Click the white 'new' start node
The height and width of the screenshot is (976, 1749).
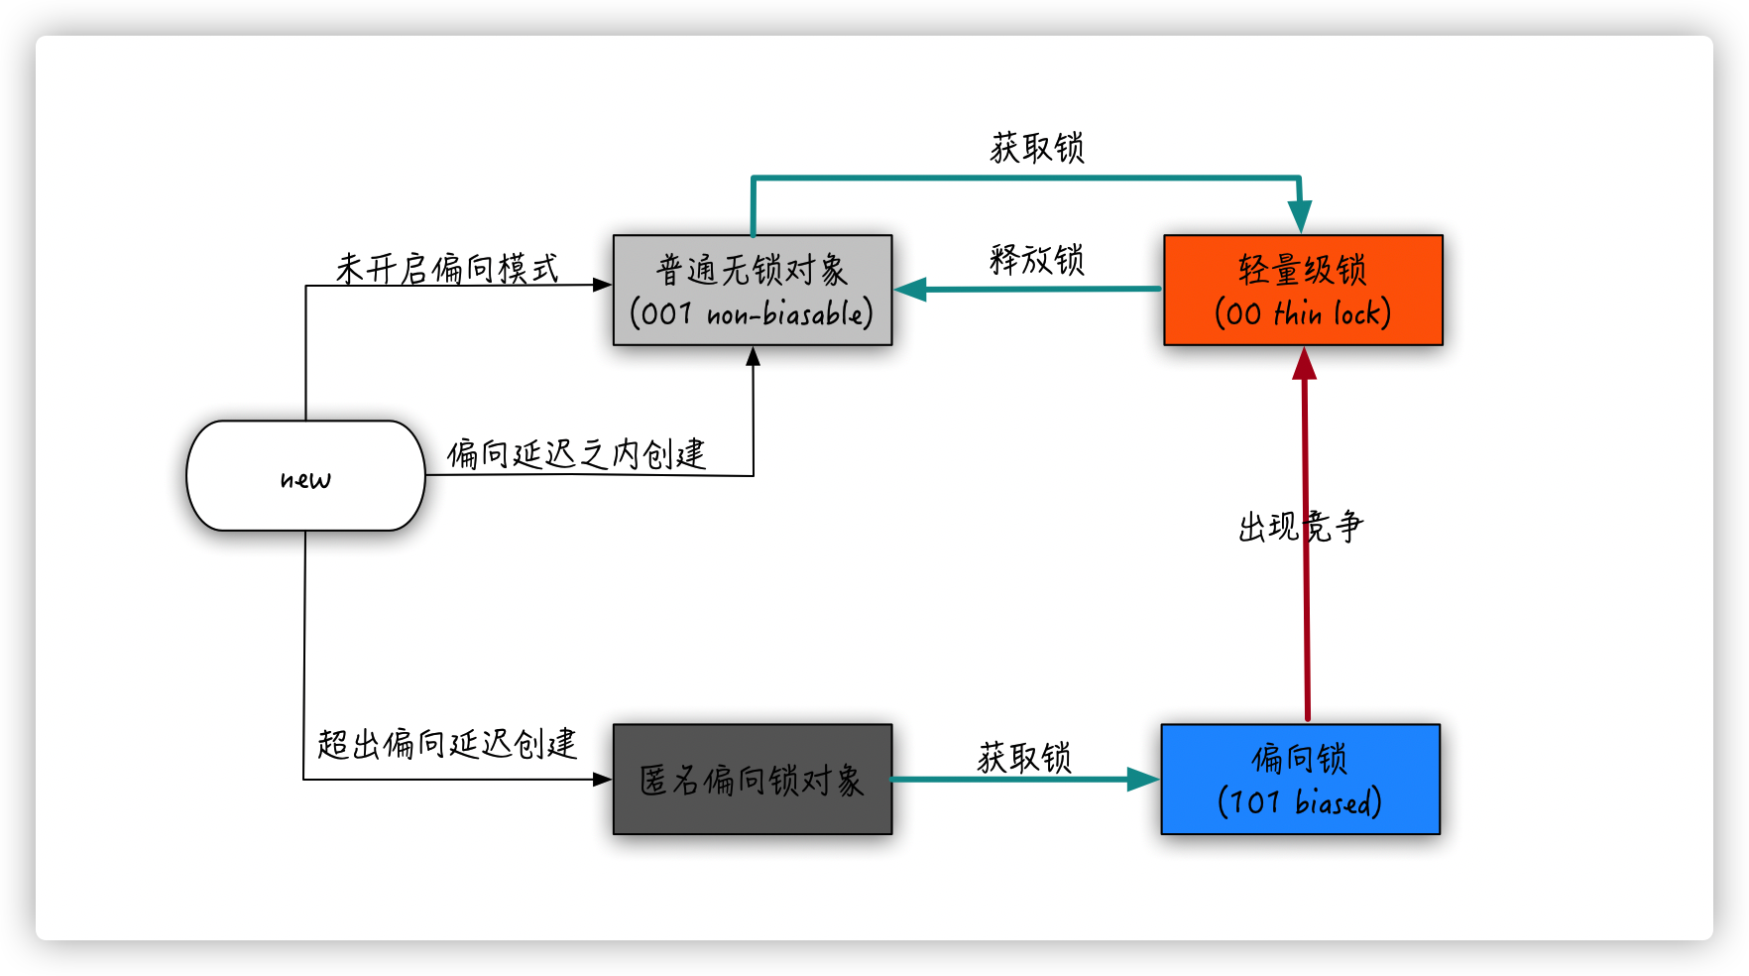point(305,476)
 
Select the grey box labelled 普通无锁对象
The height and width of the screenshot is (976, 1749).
point(753,290)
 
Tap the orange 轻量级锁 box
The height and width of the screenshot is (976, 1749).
point(1303,290)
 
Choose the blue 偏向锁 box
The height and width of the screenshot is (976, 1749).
point(1300,780)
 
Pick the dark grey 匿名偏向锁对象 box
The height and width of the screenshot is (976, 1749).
point(753,780)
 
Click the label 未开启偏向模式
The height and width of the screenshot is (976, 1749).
point(447,268)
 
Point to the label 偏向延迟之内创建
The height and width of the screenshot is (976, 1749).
point(576,453)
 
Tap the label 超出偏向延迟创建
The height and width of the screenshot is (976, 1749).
point(447,743)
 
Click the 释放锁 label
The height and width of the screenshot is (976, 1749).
point(1037,260)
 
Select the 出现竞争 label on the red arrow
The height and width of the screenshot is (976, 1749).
point(1301,526)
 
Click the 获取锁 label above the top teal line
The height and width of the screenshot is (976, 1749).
point(1037,148)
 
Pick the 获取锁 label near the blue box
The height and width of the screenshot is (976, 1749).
point(1024,758)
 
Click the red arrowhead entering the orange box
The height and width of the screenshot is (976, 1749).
point(1305,363)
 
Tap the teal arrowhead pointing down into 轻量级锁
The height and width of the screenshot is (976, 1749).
point(1300,217)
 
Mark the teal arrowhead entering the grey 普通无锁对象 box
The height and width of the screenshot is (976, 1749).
point(910,290)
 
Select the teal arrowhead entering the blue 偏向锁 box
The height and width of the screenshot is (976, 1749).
point(1143,780)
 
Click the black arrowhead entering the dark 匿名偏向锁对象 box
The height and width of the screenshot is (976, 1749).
point(603,780)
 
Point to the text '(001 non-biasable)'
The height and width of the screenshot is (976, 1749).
point(752,313)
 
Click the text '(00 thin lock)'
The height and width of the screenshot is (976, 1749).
point(1303,313)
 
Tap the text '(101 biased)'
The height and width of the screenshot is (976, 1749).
point(1300,801)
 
